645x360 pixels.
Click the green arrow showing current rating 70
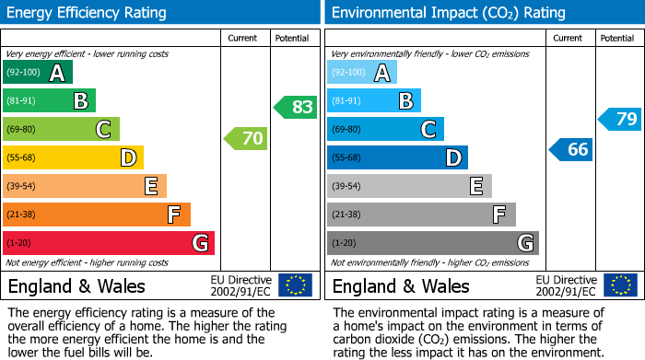246,140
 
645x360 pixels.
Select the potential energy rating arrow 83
296,107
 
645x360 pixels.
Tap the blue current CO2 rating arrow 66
571,149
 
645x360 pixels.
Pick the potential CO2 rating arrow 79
620,119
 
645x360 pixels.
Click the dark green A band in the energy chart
38,73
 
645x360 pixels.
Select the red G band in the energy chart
109,243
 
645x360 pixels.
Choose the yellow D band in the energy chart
73,158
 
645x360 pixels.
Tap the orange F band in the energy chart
97,215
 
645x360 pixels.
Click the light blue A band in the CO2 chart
362,73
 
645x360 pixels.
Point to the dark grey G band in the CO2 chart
432,243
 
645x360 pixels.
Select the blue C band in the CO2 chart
385,130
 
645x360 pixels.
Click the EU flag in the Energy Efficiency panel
295,285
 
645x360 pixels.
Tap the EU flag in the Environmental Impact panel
619,285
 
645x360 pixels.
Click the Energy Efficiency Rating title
88,13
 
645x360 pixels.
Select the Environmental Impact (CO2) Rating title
448,13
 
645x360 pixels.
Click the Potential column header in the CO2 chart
617,38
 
